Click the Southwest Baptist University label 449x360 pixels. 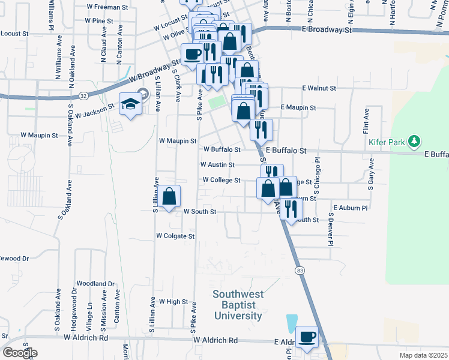[238, 305]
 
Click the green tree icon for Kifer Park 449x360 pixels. [413, 142]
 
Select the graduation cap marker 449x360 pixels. [130, 104]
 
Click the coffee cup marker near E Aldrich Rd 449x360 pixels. [307, 337]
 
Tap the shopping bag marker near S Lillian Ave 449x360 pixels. [170, 196]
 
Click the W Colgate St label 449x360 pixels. [175, 236]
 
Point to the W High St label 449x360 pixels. [173, 301]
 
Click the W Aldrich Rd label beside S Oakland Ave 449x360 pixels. [86, 338]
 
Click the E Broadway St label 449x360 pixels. [327, 29]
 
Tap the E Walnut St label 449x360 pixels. [319, 88]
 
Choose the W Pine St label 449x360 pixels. [99, 20]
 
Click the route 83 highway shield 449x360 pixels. [299, 271]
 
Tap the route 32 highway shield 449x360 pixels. [83, 95]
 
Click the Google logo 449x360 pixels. [19, 353]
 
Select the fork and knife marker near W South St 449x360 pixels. [291, 208]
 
